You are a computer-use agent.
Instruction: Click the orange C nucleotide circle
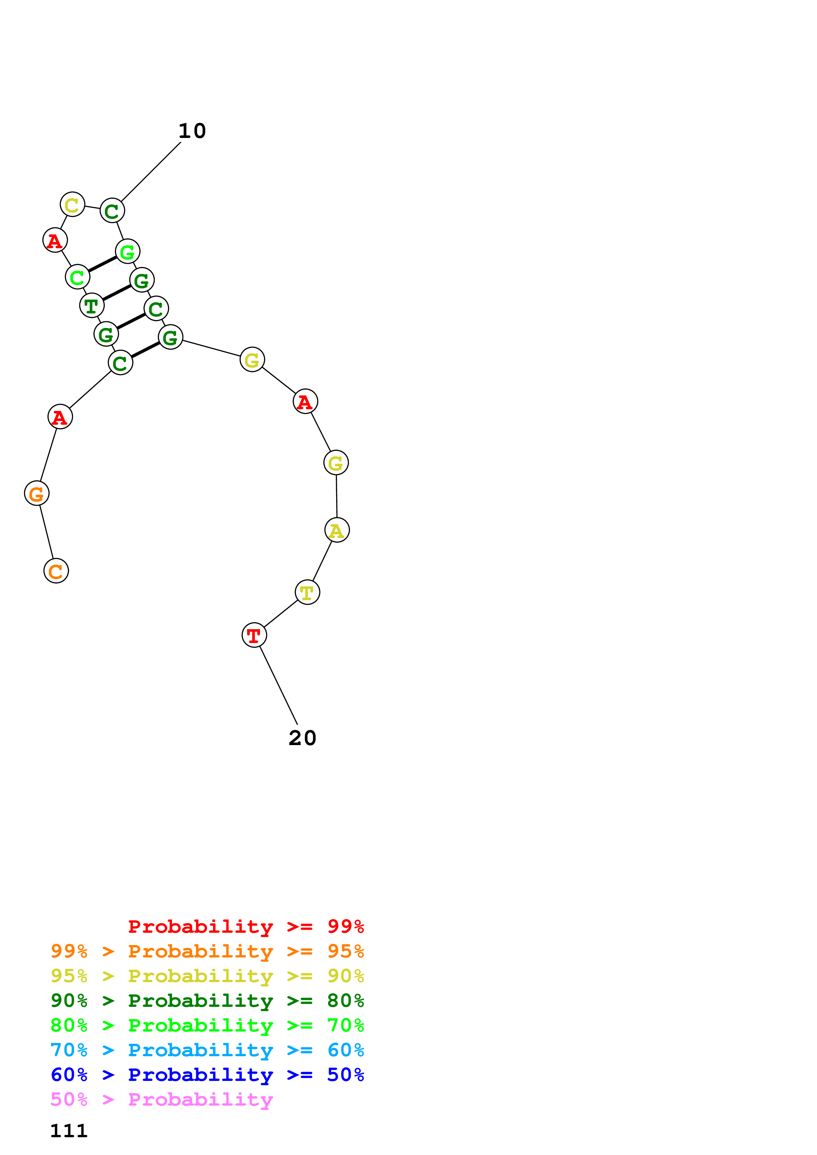coord(56,571)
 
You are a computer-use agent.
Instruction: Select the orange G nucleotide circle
coord(37,494)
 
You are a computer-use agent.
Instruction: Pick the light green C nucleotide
coord(77,277)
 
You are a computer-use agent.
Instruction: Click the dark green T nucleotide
coord(92,305)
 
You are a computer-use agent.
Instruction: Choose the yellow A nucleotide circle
coord(337,530)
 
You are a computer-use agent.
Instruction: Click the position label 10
coord(192,131)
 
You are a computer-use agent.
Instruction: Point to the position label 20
coord(302,738)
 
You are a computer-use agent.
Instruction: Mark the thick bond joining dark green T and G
coord(117,293)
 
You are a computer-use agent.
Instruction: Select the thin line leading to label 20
coord(278,685)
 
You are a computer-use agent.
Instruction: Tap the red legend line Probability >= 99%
coord(246,926)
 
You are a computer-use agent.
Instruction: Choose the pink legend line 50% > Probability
coord(161,1099)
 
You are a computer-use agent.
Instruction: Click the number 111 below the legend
coord(69,1131)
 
